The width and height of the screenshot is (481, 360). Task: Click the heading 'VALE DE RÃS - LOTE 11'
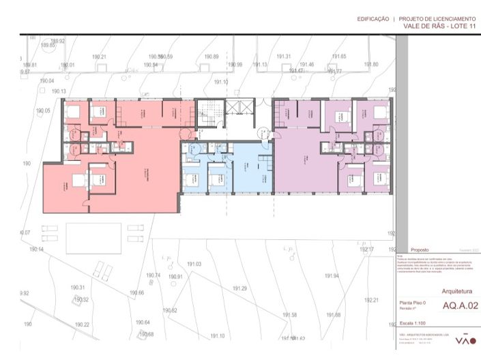439,25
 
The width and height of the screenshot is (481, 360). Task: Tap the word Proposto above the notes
420,250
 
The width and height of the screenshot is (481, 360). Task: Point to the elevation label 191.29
239,288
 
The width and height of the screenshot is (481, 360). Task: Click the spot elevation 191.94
332,275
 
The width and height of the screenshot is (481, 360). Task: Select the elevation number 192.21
371,300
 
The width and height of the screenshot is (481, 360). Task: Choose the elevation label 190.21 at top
100,57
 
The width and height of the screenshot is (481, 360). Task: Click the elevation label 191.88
334,314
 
